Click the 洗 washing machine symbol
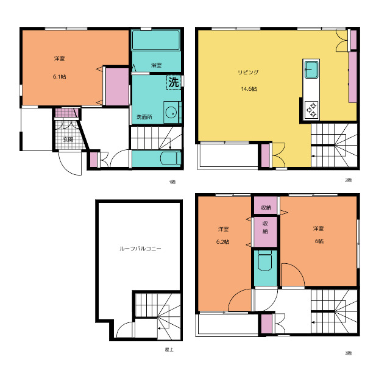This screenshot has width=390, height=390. click(x=174, y=82)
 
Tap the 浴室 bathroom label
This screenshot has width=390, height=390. click(x=156, y=65)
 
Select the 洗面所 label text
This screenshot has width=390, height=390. click(x=144, y=116)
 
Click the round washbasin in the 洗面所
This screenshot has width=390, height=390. click(x=171, y=112)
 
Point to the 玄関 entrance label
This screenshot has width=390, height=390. click(x=68, y=140)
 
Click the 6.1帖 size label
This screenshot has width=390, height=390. click(x=60, y=77)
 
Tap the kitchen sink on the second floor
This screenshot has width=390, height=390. click(x=311, y=69)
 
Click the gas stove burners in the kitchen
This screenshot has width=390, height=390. click(x=311, y=110)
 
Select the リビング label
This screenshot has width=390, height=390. click(x=248, y=72)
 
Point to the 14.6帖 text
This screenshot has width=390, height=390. click(x=249, y=89)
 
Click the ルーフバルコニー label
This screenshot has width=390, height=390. click(x=140, y=248)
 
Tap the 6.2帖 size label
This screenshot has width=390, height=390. click(x=223, y=242)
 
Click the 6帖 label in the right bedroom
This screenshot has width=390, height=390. click(x=319, y=241)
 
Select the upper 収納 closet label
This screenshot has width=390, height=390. click(x=266, y=207)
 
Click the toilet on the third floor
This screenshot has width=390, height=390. click(x=265, y=261)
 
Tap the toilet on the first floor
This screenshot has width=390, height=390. click(x=171, y=158)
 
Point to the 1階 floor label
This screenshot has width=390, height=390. click(x=172, y=182)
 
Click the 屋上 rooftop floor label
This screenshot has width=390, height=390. click(x=169, y=349)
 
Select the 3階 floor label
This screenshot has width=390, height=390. click(x=348, y=353)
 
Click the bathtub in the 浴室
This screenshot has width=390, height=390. click(x=156, y=40)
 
